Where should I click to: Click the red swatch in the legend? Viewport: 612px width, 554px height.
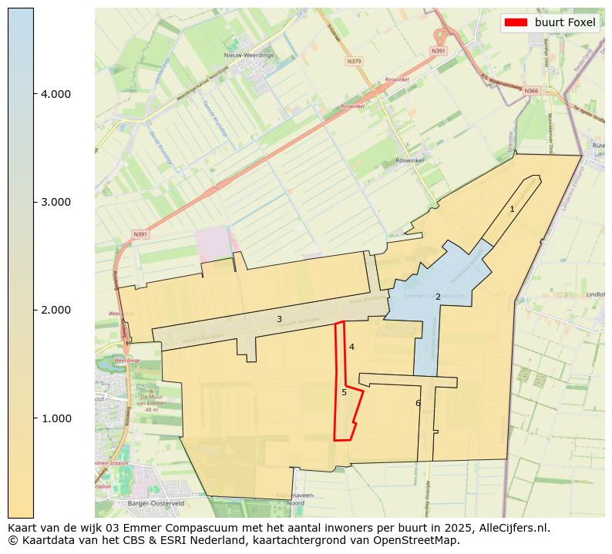[x=516, y=22]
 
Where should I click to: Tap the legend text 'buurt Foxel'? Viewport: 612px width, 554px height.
[x=565, y=22]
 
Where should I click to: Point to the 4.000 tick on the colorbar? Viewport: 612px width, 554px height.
[x=55, y=94]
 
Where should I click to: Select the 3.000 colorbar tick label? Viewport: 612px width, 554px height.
[x=55, y=202]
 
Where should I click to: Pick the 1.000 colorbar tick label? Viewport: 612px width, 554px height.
[x=55, y=418]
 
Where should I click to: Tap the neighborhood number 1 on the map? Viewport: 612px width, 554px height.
[x=512, y=209]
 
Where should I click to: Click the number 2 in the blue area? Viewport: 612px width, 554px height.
[x=438, y=297]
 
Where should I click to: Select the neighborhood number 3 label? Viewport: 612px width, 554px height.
[x=279, y=319]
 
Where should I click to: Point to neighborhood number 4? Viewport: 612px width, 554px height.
[x=351, y=347]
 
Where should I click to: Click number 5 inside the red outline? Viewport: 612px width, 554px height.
[x=344, y=392]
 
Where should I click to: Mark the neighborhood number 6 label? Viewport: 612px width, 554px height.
[x=418, y=403]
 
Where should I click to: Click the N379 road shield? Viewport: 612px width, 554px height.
[x=354, y=61]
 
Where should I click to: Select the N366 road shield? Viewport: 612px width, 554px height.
[x=531, y=91]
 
